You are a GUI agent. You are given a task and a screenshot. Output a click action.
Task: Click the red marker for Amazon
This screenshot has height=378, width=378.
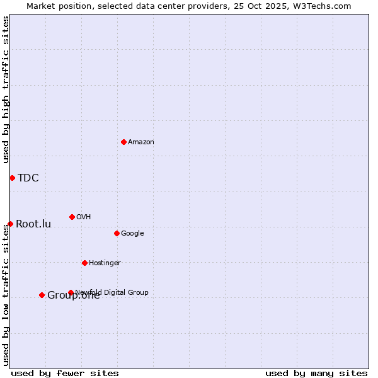[123, 142]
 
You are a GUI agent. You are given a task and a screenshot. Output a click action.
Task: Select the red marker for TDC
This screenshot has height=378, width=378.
[12, 178]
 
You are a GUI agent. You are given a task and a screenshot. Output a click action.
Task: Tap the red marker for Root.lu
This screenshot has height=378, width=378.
[10, 224]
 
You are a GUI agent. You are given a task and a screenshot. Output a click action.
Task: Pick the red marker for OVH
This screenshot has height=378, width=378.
[72, 217]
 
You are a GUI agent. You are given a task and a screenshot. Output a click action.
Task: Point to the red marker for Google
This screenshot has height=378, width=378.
[117, 233]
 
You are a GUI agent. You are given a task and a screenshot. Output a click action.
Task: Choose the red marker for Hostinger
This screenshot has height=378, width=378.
[84, 263]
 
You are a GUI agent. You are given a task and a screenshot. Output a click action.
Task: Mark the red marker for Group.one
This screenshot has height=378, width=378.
[42, 295]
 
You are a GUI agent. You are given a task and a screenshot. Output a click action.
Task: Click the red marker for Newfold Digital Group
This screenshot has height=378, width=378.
[71, 292]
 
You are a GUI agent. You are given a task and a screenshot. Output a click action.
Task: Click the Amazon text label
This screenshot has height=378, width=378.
[141, 142]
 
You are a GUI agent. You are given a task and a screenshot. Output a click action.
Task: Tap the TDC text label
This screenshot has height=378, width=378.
[28, 178]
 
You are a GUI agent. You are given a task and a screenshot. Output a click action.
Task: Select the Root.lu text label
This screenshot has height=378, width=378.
[33, 224]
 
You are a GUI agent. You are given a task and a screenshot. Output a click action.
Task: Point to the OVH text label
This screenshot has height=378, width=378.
[84, 217]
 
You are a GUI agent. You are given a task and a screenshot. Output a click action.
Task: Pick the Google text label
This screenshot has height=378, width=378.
[132, 233]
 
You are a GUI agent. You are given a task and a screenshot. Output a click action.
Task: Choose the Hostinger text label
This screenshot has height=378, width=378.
[105, 263]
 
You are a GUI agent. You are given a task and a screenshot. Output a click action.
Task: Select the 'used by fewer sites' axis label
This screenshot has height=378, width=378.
[65, 373]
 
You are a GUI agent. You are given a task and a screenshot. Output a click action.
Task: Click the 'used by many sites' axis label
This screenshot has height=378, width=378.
[316, 373]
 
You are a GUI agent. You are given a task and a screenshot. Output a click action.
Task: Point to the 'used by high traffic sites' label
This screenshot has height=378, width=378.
[6, 89]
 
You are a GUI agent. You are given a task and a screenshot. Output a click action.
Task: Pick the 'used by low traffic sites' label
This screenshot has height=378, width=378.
[6, 295]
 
